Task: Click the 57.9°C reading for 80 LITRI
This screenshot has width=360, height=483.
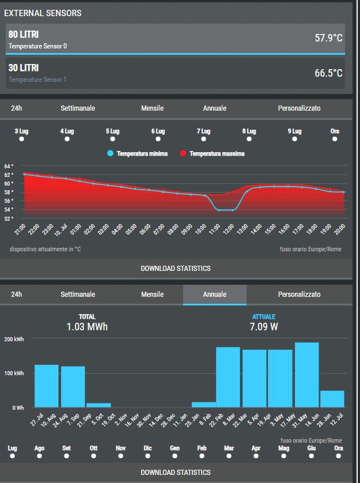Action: [x=328, y=38]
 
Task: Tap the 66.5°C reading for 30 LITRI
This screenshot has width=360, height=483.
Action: [x=328, y=73]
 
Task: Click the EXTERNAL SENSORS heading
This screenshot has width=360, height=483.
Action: [x=43, y=13]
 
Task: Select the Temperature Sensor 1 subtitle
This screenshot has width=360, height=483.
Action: [x=37, y=80]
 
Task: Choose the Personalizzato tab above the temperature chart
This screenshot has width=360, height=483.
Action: [x=299, y=108]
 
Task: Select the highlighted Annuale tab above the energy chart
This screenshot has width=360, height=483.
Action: [x=215, y=294]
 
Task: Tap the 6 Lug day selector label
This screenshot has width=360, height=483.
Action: [x=158, y=131]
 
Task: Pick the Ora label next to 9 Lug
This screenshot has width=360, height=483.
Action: [x=335, y=131]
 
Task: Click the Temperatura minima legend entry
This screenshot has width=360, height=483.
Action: [x=137, y=153]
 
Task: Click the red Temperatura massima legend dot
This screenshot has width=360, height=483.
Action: [x=183, y=153]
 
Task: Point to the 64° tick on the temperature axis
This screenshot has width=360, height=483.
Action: [x=9, y=167]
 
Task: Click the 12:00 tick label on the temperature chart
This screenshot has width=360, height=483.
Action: [x=228, y=229]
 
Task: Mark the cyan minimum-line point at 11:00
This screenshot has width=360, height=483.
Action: [x=219, y=210]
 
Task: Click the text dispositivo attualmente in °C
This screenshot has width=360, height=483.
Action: [x=46, y=249]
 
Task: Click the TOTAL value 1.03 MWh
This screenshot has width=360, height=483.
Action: [x=87, y=327]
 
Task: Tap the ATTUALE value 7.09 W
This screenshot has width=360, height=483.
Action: [x=264, y=327]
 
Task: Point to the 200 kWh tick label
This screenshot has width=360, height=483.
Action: [x=14, y=339]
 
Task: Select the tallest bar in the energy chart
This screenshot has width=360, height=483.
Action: [x=307, y=375]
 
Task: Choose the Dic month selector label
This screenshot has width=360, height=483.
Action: [x=147, y=448]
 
